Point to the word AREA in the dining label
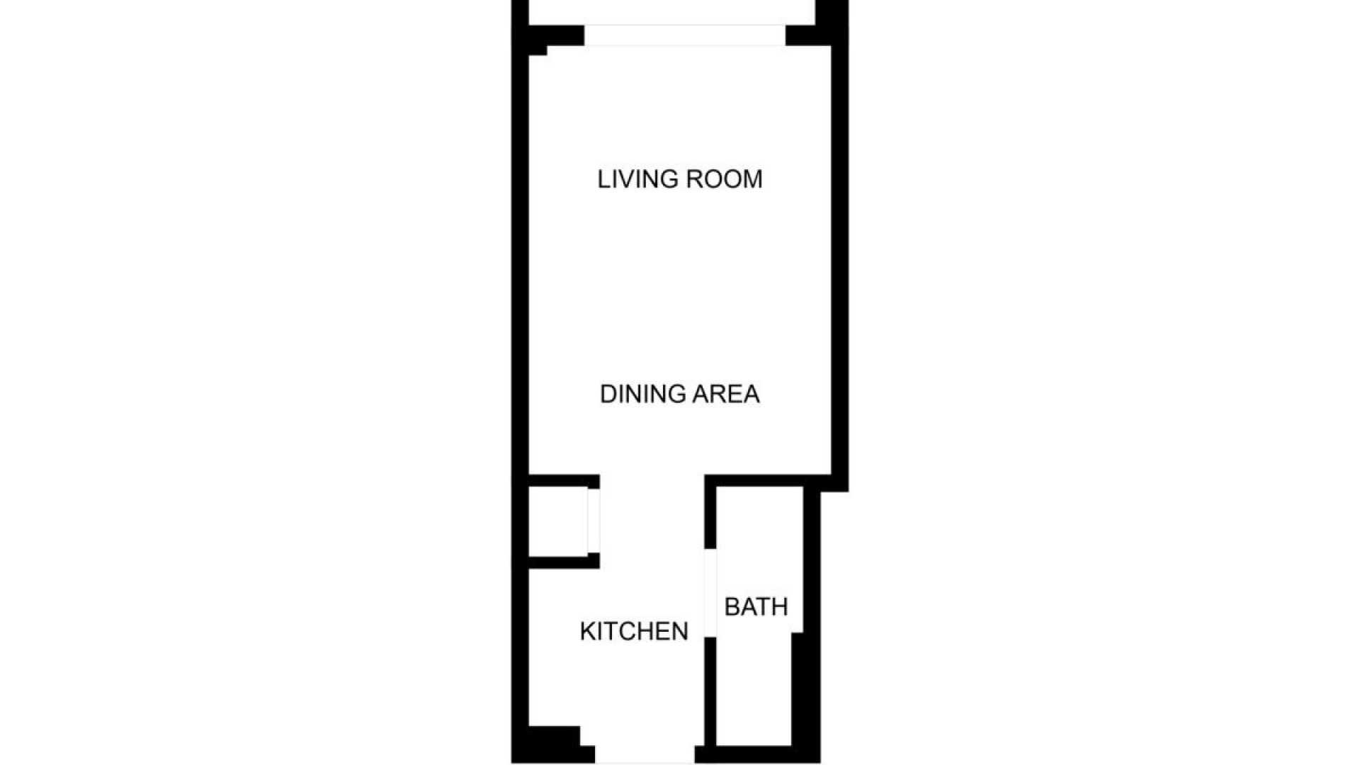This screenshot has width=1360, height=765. [x=725, y=394]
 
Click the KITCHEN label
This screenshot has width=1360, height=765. [x=634, y=631]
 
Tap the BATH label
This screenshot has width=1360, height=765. [x=756, y=607]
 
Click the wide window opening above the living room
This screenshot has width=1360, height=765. [x=684, y=35]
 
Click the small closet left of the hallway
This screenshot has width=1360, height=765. [x=557, y=521]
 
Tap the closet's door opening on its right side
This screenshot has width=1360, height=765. [x=594, y=521]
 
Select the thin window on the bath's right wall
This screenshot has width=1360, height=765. [x=804, y=560]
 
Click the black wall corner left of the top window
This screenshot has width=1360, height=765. [x=556, y=35]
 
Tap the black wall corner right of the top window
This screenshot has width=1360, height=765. [x=807, y=35]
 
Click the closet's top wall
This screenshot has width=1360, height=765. [x=563, y=481]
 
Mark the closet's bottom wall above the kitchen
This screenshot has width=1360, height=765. [x=563, y=562]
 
